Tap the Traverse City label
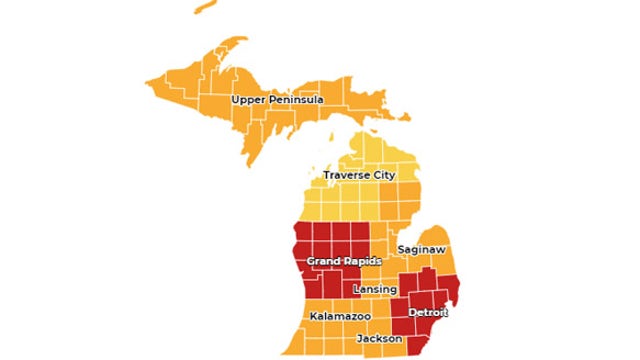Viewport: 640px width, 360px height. point(359,175)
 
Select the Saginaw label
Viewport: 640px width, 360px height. point(420,248)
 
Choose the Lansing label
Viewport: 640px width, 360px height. point(376,290)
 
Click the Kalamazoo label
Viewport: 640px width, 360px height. point(340,316)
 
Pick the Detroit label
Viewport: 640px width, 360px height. point(428,313)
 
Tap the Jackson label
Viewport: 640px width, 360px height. point(380,339)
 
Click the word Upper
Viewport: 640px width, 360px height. point(249,101)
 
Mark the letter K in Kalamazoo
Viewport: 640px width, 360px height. point(313,316)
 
